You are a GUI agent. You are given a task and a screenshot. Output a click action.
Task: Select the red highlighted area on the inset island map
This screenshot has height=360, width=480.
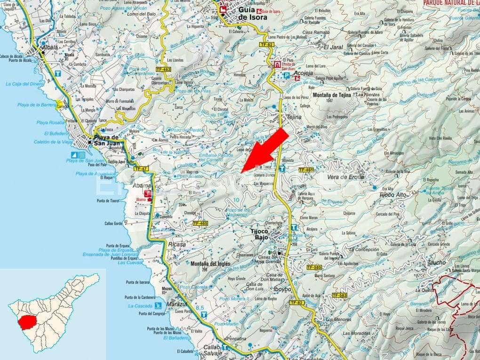point(29,322)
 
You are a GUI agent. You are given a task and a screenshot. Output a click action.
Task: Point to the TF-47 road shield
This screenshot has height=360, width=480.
point(141,168)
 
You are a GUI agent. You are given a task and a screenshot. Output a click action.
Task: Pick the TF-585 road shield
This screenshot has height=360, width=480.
point(314,267)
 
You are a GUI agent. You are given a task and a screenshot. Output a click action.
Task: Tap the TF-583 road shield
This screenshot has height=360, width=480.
point(339,296)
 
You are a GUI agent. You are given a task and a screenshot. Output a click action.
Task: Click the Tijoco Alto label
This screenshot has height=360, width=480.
point(393,194)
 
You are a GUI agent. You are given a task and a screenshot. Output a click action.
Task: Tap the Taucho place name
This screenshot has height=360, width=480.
point(436,263)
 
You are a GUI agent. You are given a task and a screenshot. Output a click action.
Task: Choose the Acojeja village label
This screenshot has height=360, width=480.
point(304,74)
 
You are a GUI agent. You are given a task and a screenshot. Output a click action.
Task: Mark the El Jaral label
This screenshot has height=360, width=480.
point(333,47)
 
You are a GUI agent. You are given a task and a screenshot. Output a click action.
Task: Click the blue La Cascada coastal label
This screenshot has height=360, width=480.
point(137,306)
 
